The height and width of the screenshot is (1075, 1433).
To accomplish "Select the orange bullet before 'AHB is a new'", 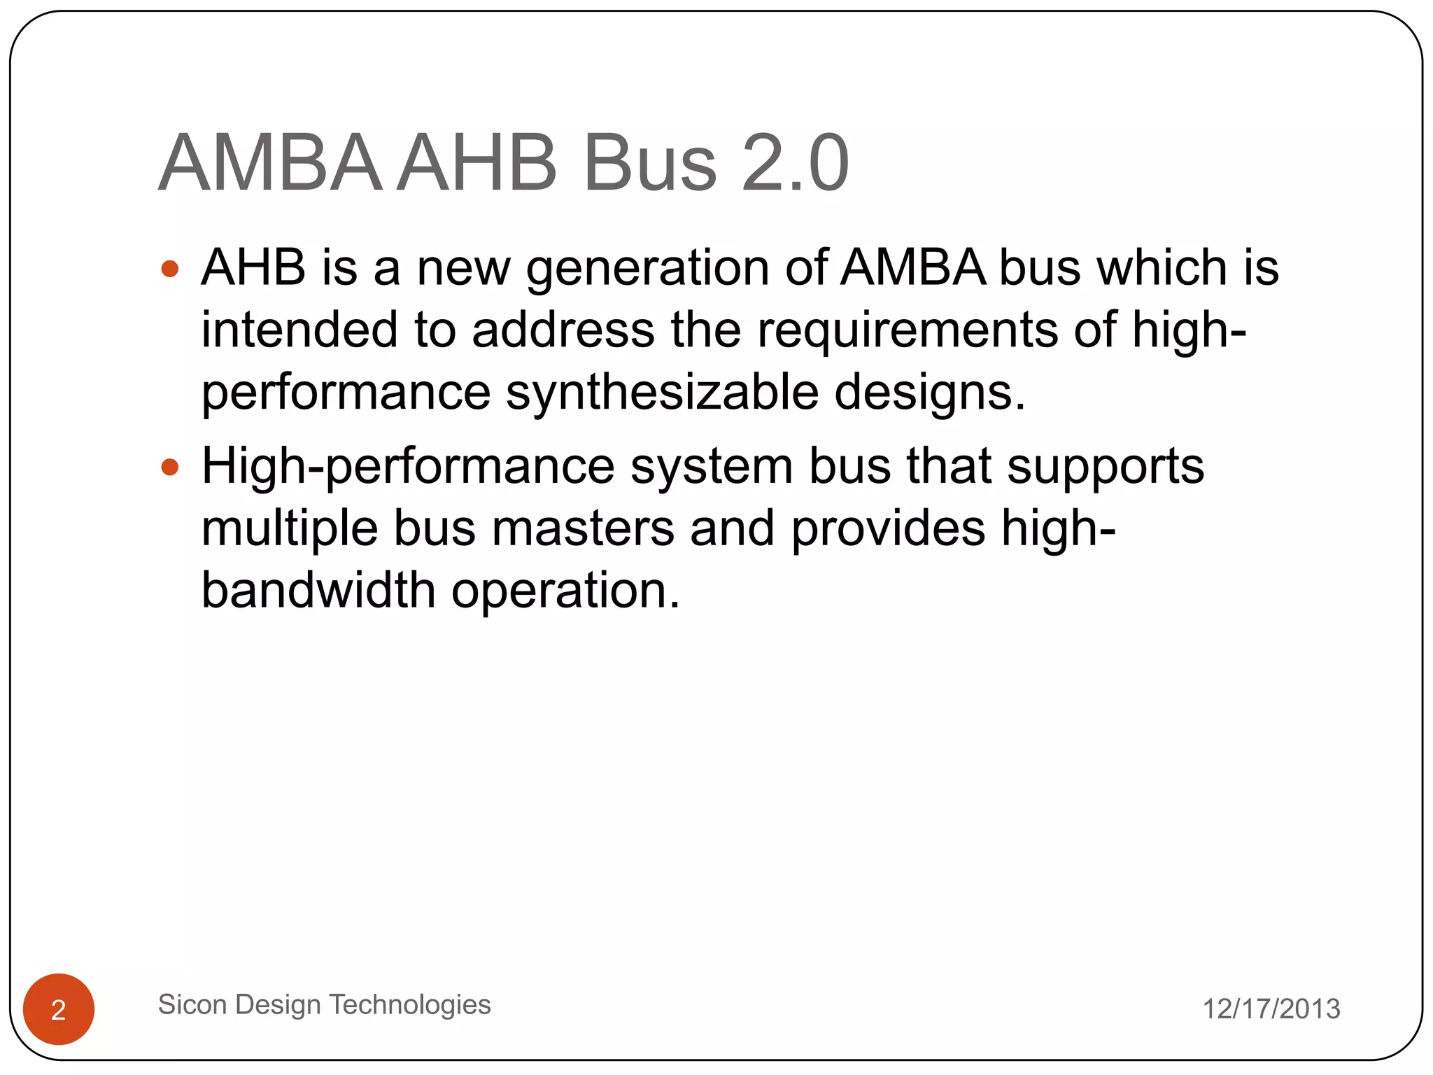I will pyautogui.click(x=170, y=269).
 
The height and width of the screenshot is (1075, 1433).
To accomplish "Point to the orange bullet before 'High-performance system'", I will pyautogui.click(x=170, y=467).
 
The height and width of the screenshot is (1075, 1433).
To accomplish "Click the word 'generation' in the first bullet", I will pyautogui.click(x=647, y=269).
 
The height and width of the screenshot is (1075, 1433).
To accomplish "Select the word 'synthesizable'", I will pyautogui.click(x=662, y=392).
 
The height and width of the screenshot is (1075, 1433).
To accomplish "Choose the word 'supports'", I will pyautogui.click(x=1106, y=467).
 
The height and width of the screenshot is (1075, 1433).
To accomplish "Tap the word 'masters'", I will pyautogui.click(x=583, y=528).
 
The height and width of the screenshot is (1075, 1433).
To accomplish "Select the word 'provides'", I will pyautogui.click(x=888, y=528).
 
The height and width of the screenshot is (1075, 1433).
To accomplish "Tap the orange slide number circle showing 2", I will pyautogui.click(x=59, y=1009).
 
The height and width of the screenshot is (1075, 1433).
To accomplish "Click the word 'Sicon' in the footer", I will pyautogui.click(x=192, y=1004).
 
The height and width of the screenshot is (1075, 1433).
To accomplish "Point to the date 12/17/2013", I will pyautogui.click(x=1271, y=1009).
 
